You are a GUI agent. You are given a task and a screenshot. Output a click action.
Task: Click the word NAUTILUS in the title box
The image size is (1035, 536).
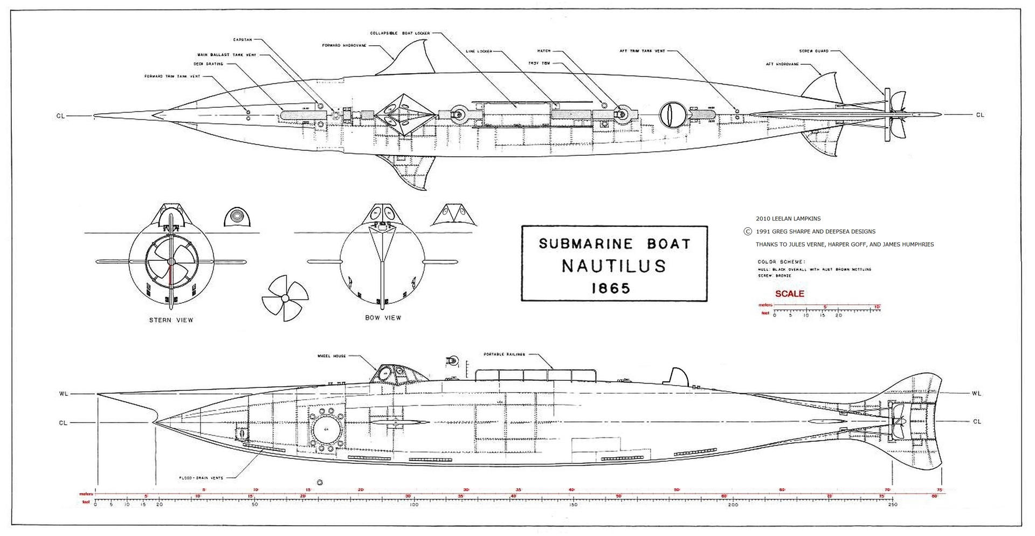(614, 266)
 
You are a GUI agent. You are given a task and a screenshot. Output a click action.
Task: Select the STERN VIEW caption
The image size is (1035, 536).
(171, 320)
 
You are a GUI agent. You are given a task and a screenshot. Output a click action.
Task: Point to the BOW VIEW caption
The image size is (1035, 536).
(383, 318)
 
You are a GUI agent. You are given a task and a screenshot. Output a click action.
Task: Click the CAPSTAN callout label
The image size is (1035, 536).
(242, 40)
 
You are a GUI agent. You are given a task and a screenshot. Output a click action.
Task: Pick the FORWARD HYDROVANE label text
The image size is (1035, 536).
(344, 45)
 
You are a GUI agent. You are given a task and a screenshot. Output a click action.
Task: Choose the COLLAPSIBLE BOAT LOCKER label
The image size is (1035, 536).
(399, 33)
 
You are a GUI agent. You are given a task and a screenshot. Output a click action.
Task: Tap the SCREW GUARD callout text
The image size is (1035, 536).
(813, 51)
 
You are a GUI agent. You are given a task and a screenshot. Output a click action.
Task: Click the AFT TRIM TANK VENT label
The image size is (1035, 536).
(642, 51)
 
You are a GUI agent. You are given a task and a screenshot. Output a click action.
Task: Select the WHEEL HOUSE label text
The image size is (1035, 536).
(332, 356)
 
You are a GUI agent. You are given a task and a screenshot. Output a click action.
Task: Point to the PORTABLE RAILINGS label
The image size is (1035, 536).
(504, 354)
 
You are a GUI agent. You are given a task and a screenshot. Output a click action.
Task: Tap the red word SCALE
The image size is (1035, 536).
(789, 294)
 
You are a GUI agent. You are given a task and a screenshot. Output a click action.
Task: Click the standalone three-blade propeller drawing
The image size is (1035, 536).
(284, 298)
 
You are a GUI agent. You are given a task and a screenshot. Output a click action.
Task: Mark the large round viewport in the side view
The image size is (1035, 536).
(327, 429)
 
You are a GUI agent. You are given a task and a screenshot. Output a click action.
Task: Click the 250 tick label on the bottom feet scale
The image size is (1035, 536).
(892, 505)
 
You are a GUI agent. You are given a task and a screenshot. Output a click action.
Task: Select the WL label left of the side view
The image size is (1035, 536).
(63, 394)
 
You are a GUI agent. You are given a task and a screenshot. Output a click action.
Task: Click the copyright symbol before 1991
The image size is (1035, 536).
(747, 231)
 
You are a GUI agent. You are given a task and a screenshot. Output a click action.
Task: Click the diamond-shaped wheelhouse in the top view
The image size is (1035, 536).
(405, 115)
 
